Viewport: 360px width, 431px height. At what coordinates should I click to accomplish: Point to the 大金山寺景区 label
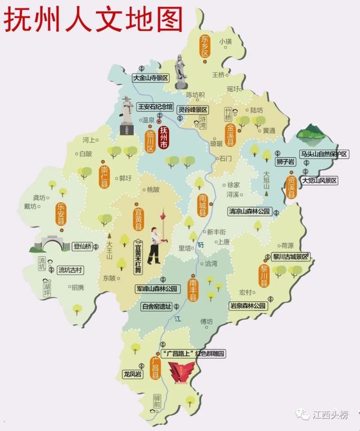[151, 79]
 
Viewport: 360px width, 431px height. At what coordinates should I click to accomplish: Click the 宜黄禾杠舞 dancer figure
[154, 246]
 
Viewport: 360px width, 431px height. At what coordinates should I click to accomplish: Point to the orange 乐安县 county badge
[60, 214]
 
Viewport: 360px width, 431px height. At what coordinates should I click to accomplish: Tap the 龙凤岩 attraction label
[133, 374]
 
